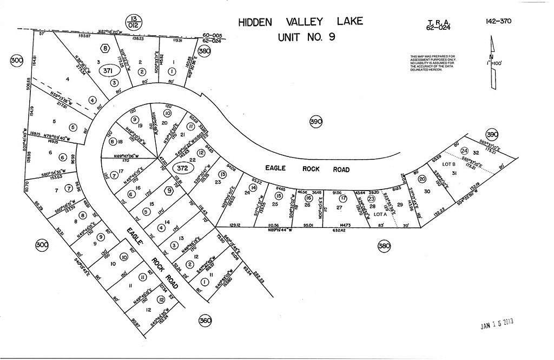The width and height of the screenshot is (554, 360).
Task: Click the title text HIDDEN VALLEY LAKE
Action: coord(301,22)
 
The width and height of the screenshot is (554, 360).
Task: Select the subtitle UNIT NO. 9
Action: coord(301,38)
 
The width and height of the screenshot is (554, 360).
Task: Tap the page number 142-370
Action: coord(498,22)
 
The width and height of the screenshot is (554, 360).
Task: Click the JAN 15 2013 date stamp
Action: coord(497,323)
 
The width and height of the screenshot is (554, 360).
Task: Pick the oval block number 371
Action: coord(108,71)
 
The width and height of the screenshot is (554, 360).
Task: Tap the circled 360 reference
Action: coord(205,320)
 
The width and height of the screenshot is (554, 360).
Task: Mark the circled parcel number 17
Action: coord(342,198)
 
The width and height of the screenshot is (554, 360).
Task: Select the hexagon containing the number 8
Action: coord(105,48)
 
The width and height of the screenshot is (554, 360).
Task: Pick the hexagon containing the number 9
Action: coord(169,191)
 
